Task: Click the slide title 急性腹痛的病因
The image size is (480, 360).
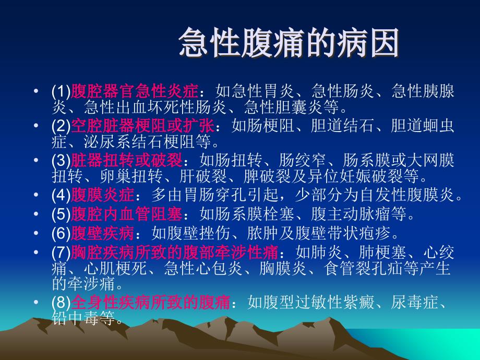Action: point(289,43)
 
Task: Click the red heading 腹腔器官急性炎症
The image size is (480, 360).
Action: point(134,92)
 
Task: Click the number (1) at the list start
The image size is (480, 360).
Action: point(61,92)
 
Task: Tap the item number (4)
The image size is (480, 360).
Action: point(61,196)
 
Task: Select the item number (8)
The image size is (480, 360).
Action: point(61,302)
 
